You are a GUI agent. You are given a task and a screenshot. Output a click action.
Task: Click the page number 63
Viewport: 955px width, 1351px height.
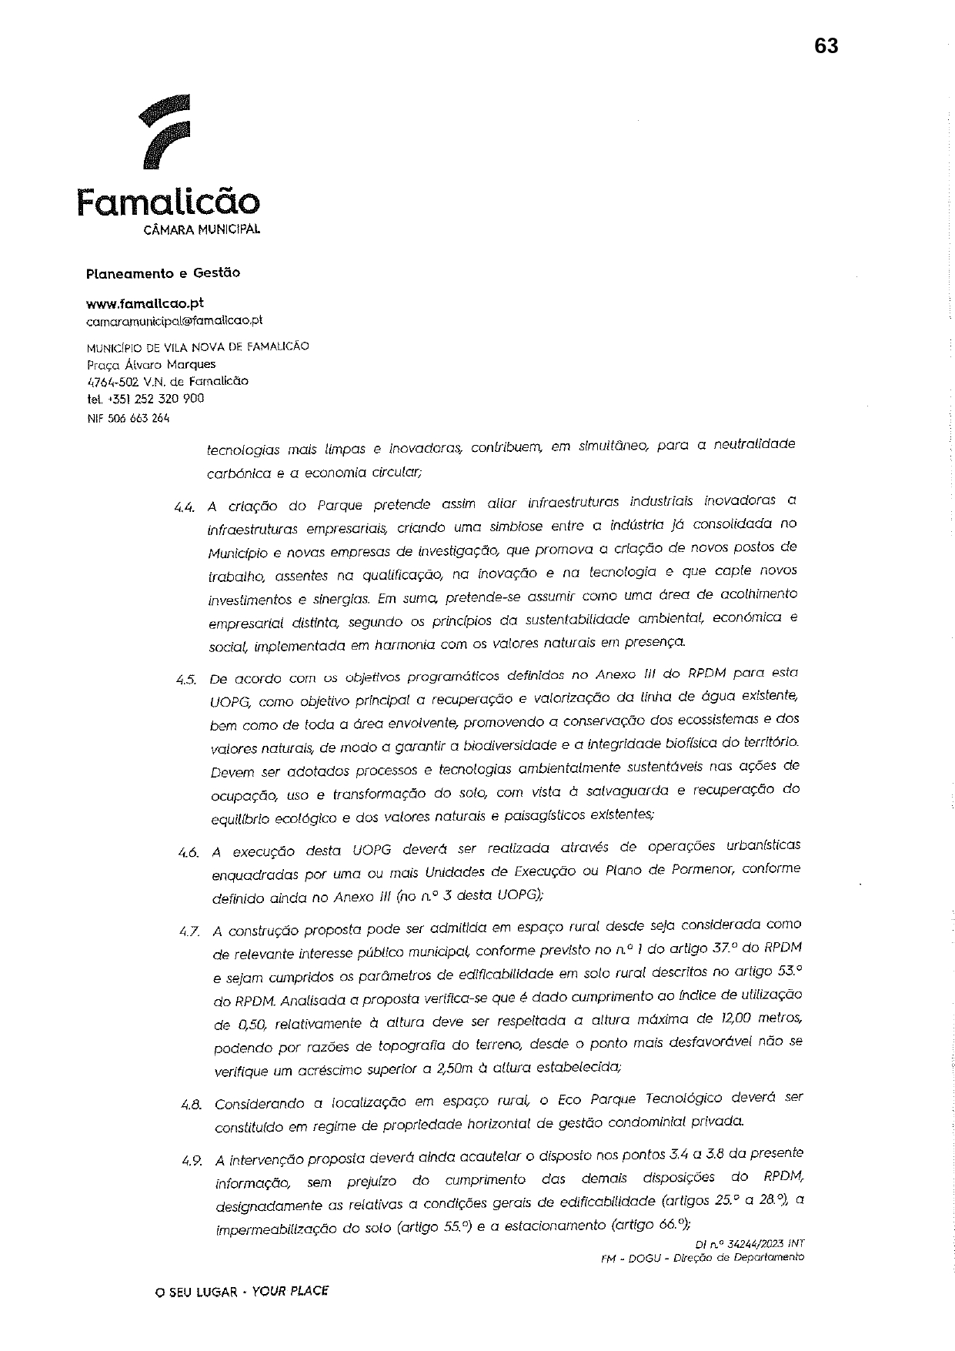point(826,46)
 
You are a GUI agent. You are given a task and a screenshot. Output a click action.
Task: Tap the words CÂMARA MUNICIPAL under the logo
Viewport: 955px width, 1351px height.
point(202,229)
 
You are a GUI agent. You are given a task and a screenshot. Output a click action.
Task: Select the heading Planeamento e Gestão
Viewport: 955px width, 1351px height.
point(163,273)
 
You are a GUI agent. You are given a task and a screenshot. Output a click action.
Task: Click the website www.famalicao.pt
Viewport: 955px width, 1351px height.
point(145,303)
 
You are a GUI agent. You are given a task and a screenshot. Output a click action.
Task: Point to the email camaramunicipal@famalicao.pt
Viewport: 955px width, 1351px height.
point(175,319)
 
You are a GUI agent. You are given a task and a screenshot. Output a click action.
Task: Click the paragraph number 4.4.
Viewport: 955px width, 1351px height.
point(185,507)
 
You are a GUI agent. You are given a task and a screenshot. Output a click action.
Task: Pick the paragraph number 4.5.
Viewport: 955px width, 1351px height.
point(186,680)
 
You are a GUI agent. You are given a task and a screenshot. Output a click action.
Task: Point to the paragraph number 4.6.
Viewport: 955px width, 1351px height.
point(188,852)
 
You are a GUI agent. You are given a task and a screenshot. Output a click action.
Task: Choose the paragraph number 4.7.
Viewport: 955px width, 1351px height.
point(189,931)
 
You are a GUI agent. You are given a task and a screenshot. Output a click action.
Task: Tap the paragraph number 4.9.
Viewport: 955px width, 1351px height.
point(192,1160)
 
